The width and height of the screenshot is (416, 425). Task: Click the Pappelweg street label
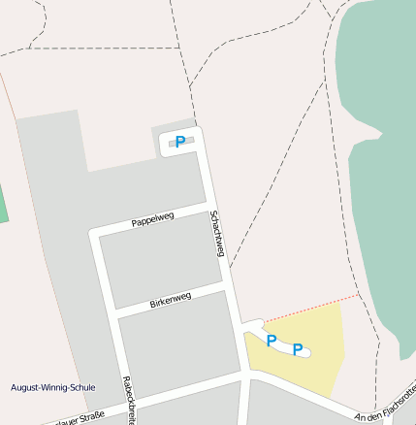pyautogui.click(x=152, y=219)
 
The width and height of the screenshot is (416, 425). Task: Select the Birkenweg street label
pyautogui.click(x=171, y=299)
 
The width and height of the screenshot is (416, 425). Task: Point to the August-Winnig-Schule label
pyautogui.click(x=52, y=387)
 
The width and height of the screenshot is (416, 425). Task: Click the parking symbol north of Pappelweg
pyautogui.click(x=180, y=142)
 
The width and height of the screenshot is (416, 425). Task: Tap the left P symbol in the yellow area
pyautogui.click(x=272, y=341)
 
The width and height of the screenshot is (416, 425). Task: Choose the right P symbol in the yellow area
pyautogui.click(x=298, y=349)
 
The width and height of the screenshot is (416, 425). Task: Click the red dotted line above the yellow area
pyautogui.click(x=310, y=308)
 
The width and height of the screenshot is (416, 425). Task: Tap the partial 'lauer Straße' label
pyautogui.click(x=78, y=418)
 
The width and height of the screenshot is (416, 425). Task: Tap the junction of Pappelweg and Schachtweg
pyautogui.click(x=209, y=206)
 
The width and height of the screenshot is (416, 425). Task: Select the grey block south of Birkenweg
pyautogui.click(x=175, y=344)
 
